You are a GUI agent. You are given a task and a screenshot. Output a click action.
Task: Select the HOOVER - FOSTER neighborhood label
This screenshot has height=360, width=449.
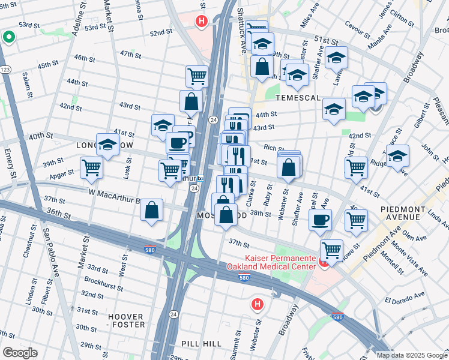pyautogui.click(x=126, y=320)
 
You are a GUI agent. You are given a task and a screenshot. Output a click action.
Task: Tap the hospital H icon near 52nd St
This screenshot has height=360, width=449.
pyautogui.click(x=201, y=22)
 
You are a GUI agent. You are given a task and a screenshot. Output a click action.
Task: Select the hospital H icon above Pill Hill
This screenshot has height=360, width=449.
pyautogui.click(x=257, y=305)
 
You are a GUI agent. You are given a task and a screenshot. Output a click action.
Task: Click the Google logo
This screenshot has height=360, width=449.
pyautogui.click(x=19, y=353)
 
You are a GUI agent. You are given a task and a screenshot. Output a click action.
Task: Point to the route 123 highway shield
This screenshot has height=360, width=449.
pyautogui.click(x=5, y=70)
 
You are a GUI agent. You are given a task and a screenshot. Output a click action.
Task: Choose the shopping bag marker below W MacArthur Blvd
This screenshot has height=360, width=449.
pyautogui.click(x=152, y=210)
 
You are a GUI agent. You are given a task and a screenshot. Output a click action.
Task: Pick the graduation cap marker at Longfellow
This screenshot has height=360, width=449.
pyautogui.click(x=107, y=144)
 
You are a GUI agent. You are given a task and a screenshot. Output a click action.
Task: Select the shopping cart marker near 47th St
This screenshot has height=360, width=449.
pyautogui.click(x=196, y=76)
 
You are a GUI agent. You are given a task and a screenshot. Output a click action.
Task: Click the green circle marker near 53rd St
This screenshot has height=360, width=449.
pyautogui.click(x=8, y=38)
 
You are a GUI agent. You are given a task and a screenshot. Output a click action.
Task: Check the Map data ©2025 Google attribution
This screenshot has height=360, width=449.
pyautogui.click(x=412, y=355)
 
